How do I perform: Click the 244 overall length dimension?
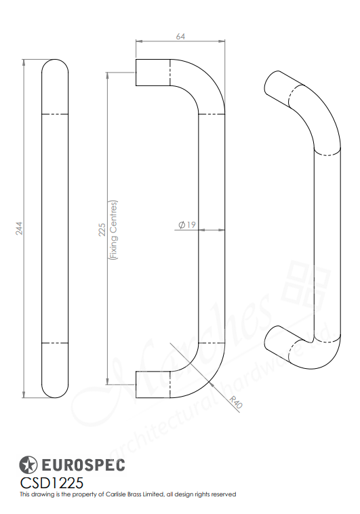pyautogui.click(x=20, y=229)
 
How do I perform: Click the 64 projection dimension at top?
pyautogui.click(x=180, y=37)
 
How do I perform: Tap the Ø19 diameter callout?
pyautogui.click(x=187, y=224)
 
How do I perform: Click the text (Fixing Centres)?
pyautogui.click(x=114, y=231)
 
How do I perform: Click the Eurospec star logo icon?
pyautogui.click(x=28, y=465)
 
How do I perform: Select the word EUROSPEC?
pyautogui.click(x=84, y=466)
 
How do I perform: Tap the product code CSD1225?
pyautogui.click(x=52, y=482)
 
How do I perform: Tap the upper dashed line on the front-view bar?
pyautogui.click(x=56, y=113)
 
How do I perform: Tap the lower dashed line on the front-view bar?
pyautogui.click(x=56, y=342)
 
